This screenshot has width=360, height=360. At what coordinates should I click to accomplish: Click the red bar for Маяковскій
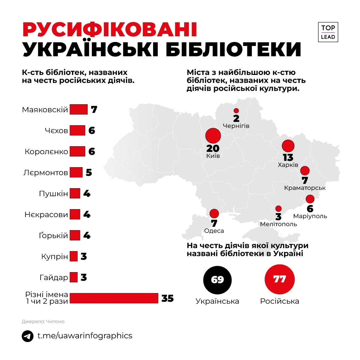click(79, 109)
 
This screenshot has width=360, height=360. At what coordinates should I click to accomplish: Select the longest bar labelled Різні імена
click(114, 298)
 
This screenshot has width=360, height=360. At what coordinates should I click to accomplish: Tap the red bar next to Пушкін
click(75, 193)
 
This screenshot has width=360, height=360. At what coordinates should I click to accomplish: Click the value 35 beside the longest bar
click(168, 298)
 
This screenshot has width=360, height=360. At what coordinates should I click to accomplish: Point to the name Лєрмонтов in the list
click(46, 173)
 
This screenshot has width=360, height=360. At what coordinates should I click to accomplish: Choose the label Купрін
click(55, 256)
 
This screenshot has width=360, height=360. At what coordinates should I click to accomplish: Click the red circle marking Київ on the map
click(213, 136)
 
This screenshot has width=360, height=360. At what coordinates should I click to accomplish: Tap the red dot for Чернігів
click(236, 111)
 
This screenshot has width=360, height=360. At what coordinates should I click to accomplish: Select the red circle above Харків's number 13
click(288, 146)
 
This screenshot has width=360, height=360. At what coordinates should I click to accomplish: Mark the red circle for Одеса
click(214, 213)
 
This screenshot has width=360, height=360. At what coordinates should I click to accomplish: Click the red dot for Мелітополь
click(278, 209)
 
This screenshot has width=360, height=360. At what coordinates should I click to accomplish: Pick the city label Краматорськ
click(305, 188)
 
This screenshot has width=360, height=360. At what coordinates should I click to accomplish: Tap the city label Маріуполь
click(310, 216)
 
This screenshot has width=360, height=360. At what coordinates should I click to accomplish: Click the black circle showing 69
click(217, 279)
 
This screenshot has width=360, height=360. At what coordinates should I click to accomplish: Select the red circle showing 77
click(280, 279)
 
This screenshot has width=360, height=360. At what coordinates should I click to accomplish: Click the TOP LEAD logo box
click(328, 32)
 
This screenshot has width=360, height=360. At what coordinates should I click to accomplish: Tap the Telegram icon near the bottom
click(28, 336)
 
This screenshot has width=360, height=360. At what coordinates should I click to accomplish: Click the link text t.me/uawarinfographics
click(85, 336)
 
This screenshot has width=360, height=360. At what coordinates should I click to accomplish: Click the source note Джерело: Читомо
click(43, 321)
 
